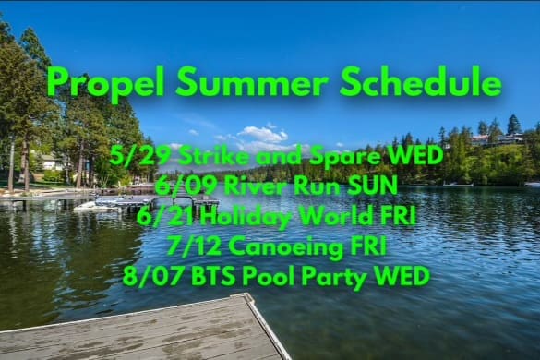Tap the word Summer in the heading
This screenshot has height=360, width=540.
tap(252, 81)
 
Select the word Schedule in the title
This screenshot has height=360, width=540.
tap(421, 81)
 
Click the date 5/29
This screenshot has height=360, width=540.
tap(140, 156)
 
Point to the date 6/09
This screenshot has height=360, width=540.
tap(186, 186)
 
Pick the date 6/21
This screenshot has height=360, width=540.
tap(166, 216)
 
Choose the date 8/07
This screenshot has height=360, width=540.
tap(153, 276)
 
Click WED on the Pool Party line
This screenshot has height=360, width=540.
tap(402, 276)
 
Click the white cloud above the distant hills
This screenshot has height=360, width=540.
tap(262, 135)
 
